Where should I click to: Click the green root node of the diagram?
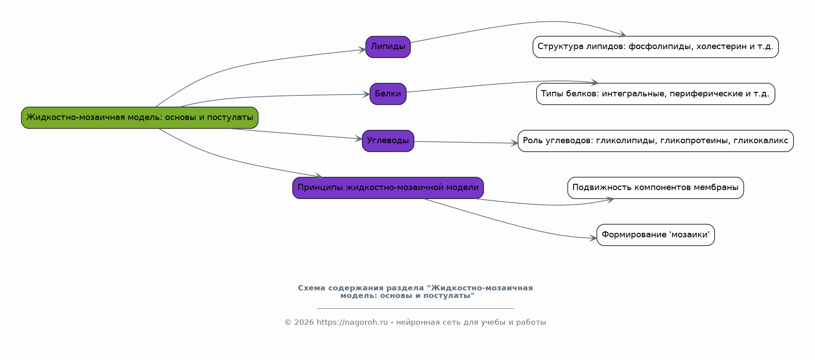coord(140,118)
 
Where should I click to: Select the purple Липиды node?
coord(388,47)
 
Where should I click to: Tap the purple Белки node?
coord(388,94)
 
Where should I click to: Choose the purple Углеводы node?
coord(388,141)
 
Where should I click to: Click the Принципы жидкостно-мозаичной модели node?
coord(388,188)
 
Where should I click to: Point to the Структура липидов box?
coord(656,47)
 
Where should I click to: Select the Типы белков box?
coord(656,94)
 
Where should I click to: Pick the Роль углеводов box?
coord(656,141)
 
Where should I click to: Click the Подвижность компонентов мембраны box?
coord(656,188)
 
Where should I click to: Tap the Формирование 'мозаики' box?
coord(656,235)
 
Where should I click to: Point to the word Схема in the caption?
coord(312,288)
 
